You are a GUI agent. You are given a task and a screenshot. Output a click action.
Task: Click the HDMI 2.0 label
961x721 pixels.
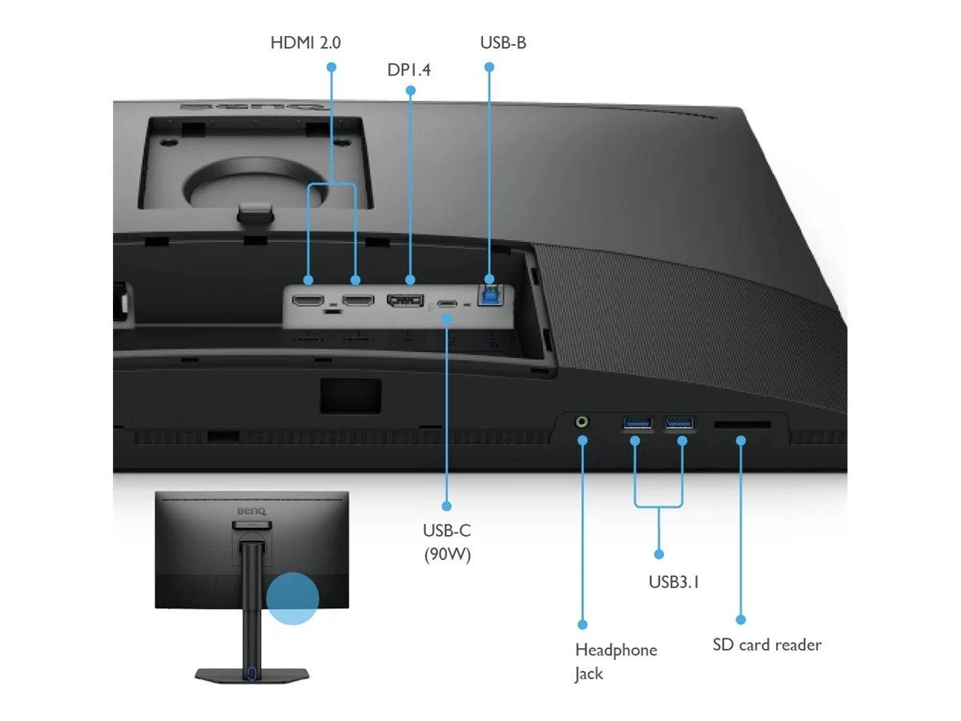[x=305, y=42]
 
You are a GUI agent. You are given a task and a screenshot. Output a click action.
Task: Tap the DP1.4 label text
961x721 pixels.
[x=408, y=70]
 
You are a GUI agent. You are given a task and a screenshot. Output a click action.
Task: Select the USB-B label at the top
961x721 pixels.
[x=503, y=42]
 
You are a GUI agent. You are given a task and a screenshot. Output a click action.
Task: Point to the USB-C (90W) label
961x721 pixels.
[x=447, y=542]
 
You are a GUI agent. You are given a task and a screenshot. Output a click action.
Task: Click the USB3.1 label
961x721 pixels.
[x=674, y=582]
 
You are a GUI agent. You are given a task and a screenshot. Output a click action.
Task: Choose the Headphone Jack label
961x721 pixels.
[x=615, y=661]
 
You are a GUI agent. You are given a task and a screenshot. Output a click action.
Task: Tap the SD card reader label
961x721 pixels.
[x=766, y=644]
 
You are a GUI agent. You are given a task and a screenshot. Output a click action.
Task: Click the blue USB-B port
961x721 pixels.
[x=489, y=292]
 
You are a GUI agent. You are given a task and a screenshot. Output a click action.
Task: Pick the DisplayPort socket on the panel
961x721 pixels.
[x=405, y=300]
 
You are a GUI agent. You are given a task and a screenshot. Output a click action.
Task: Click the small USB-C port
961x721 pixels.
[x=447, y=305]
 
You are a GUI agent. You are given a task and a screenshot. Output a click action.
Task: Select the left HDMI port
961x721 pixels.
[x=308, y=302]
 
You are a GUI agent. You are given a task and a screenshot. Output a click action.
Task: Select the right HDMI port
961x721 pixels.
[x=358, y=302]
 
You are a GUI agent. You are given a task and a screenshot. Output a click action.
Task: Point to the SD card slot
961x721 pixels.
[x=742, y=425]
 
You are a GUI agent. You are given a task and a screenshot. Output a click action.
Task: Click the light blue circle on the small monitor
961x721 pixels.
[x=292, y=598]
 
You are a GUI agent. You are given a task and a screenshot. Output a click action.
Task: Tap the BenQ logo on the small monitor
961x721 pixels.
[x=251, y=510]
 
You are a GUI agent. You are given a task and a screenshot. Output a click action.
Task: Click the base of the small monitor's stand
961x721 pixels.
[x=251, y=675]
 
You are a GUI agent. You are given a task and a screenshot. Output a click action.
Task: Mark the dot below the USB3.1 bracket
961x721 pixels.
[x=658, y=554]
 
